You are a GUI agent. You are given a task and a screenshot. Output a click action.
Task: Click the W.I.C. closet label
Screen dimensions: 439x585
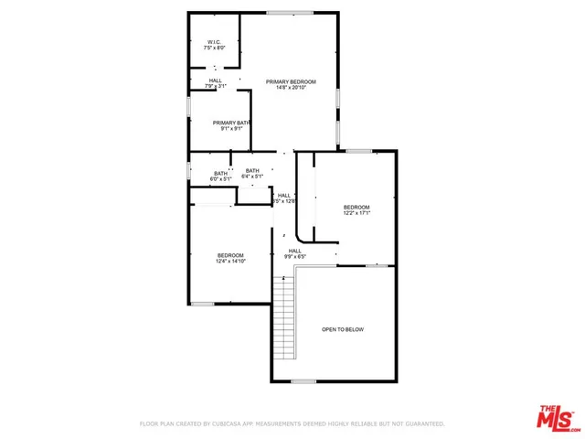click(213, 41)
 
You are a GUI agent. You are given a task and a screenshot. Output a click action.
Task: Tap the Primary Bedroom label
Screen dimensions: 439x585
click(284, 82)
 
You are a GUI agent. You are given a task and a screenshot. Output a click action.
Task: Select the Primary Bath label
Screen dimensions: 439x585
click(230, 123)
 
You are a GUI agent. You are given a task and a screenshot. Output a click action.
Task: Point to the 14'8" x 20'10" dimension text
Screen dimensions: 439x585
click(284, 89)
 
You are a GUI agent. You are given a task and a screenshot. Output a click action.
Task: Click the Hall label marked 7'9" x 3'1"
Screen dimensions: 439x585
click(216, 80)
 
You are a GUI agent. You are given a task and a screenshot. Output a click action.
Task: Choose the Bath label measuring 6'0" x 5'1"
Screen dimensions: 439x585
click(221, 173)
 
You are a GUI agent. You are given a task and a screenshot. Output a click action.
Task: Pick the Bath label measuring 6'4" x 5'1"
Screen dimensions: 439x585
click(251, 170)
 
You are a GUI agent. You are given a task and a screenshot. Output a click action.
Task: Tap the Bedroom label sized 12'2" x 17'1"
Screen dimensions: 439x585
click(356, 208)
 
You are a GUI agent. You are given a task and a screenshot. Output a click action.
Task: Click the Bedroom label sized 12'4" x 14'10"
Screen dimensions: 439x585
click(230, 255)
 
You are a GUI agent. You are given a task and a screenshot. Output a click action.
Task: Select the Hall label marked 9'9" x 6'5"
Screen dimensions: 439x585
click(295, 251)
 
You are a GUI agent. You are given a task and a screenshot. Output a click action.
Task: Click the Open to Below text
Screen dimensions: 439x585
click(342, 329)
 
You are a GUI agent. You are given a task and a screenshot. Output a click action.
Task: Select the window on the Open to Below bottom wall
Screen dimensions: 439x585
click(303, 381)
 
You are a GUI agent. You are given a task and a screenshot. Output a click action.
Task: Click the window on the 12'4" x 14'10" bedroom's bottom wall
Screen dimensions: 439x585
click(203, 303)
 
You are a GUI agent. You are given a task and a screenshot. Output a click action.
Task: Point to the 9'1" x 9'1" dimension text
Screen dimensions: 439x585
click(230, 129)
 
